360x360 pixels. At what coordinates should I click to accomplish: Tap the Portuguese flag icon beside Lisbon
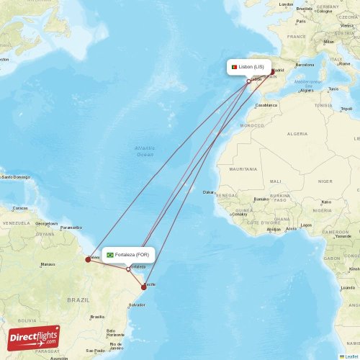click(234, 67)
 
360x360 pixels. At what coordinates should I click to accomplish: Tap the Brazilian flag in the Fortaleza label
click(110, 255)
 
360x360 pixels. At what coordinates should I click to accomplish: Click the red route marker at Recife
click(144, 287)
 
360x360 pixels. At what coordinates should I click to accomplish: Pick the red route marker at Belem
click(88, 260)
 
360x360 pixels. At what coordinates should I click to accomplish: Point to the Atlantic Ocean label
click(145, 151)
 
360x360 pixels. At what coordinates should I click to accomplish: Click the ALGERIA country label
click(297, 134)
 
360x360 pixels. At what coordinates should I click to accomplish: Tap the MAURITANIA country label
click(243, 169)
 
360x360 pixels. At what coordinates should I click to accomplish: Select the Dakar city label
click(208, 192)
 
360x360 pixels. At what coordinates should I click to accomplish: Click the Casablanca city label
click(266, 105)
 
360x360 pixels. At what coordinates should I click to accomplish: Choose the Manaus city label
click(48, 264)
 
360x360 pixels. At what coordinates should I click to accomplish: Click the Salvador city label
click(136, 305)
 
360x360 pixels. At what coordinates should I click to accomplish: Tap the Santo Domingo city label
click(14, 177)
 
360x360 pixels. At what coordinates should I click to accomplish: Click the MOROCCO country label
click(252, 125)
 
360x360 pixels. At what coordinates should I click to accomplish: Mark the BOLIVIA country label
click(27, 320)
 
